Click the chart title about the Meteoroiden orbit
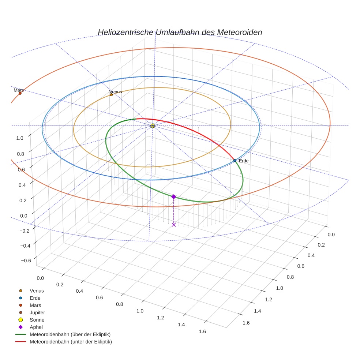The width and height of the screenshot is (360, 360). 180,32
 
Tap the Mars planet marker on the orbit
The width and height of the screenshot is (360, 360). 20,93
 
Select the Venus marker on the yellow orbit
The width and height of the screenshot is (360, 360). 111,95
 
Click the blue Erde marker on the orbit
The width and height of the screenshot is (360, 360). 235,161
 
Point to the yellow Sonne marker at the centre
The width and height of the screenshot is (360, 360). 153,126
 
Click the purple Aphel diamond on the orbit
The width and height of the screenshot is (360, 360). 174,197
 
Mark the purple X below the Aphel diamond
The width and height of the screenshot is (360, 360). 174,225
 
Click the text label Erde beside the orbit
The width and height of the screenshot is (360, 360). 244,161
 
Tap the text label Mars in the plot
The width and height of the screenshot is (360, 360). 19,90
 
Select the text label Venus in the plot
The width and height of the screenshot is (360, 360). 116,92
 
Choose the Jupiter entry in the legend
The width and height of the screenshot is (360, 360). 37,312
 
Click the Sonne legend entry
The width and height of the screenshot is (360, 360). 37,320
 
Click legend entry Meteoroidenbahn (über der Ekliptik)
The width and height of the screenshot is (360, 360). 70,334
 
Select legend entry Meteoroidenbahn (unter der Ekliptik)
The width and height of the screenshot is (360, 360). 71,342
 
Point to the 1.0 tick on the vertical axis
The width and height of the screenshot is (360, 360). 20,138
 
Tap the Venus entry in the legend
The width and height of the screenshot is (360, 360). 37,290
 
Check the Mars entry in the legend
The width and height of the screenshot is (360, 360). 35,305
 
